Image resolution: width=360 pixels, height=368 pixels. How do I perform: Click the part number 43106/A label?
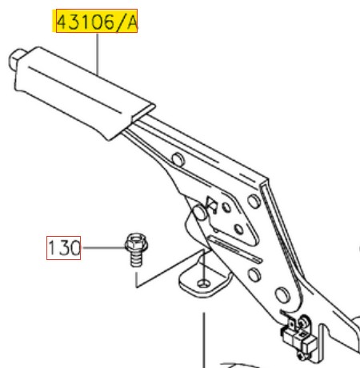pos(95,22)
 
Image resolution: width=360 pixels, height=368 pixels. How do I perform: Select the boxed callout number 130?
pos(63,248)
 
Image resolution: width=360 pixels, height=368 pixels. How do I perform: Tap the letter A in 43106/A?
pos(131,22)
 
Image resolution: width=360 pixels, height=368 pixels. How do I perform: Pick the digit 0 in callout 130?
pos(74,248)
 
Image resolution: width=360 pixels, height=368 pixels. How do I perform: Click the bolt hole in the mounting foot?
pos(205,282)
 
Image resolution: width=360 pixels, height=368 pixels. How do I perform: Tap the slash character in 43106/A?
pos(121,22)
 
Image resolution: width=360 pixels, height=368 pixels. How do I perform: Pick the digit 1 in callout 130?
pos(54,248)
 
